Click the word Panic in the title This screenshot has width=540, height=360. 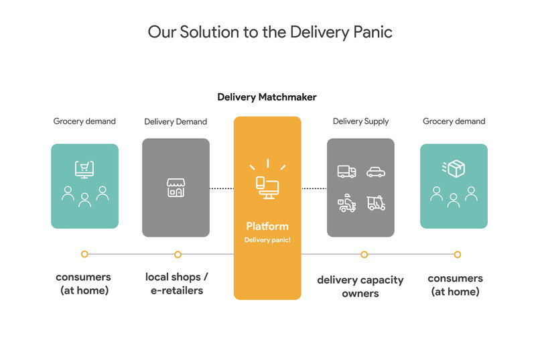[x=369, y=32]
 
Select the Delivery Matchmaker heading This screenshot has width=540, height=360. [x=267, y=97]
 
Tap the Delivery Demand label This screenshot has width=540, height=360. [x=176, y=122]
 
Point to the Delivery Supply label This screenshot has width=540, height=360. [x=360, y=121]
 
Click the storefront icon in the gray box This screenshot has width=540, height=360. [x=176, y=188]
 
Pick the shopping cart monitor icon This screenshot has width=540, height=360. [x=84, y=169]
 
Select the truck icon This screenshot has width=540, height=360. [x=346, y=172]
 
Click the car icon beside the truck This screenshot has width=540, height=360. [x=376, y=172]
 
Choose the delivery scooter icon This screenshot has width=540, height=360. [x=346, y=203]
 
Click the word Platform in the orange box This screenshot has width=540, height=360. [x=267, y=226]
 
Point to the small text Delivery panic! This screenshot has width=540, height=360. [x=267, y=239]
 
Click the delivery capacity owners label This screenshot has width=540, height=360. [x=360, y=286]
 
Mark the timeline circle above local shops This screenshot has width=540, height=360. [x=178, y=255]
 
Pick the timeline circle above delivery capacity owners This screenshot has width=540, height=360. [x=364, y=255]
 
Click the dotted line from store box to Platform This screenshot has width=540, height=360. [x=221, y=188]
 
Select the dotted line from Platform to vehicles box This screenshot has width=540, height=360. [x=314, y=188]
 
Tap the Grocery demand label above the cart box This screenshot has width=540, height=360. [x=84, y=121]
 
